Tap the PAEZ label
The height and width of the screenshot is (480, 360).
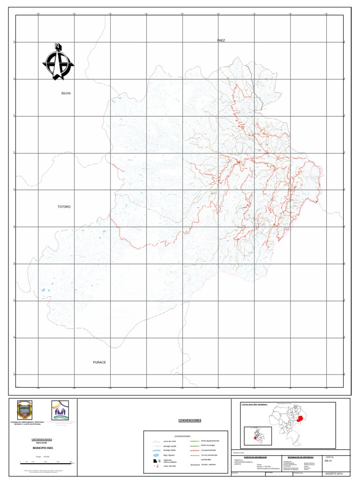221,41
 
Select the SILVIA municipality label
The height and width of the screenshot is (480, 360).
66,93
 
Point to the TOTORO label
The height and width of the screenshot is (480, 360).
64,207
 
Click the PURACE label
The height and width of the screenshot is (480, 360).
99,362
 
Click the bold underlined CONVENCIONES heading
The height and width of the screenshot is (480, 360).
190,420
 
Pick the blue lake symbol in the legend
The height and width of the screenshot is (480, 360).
156,455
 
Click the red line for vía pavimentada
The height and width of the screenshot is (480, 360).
193,450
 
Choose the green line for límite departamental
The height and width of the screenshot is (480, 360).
193,442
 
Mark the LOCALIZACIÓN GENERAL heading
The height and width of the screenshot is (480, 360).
254,404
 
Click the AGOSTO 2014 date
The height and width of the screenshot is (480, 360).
332,474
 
